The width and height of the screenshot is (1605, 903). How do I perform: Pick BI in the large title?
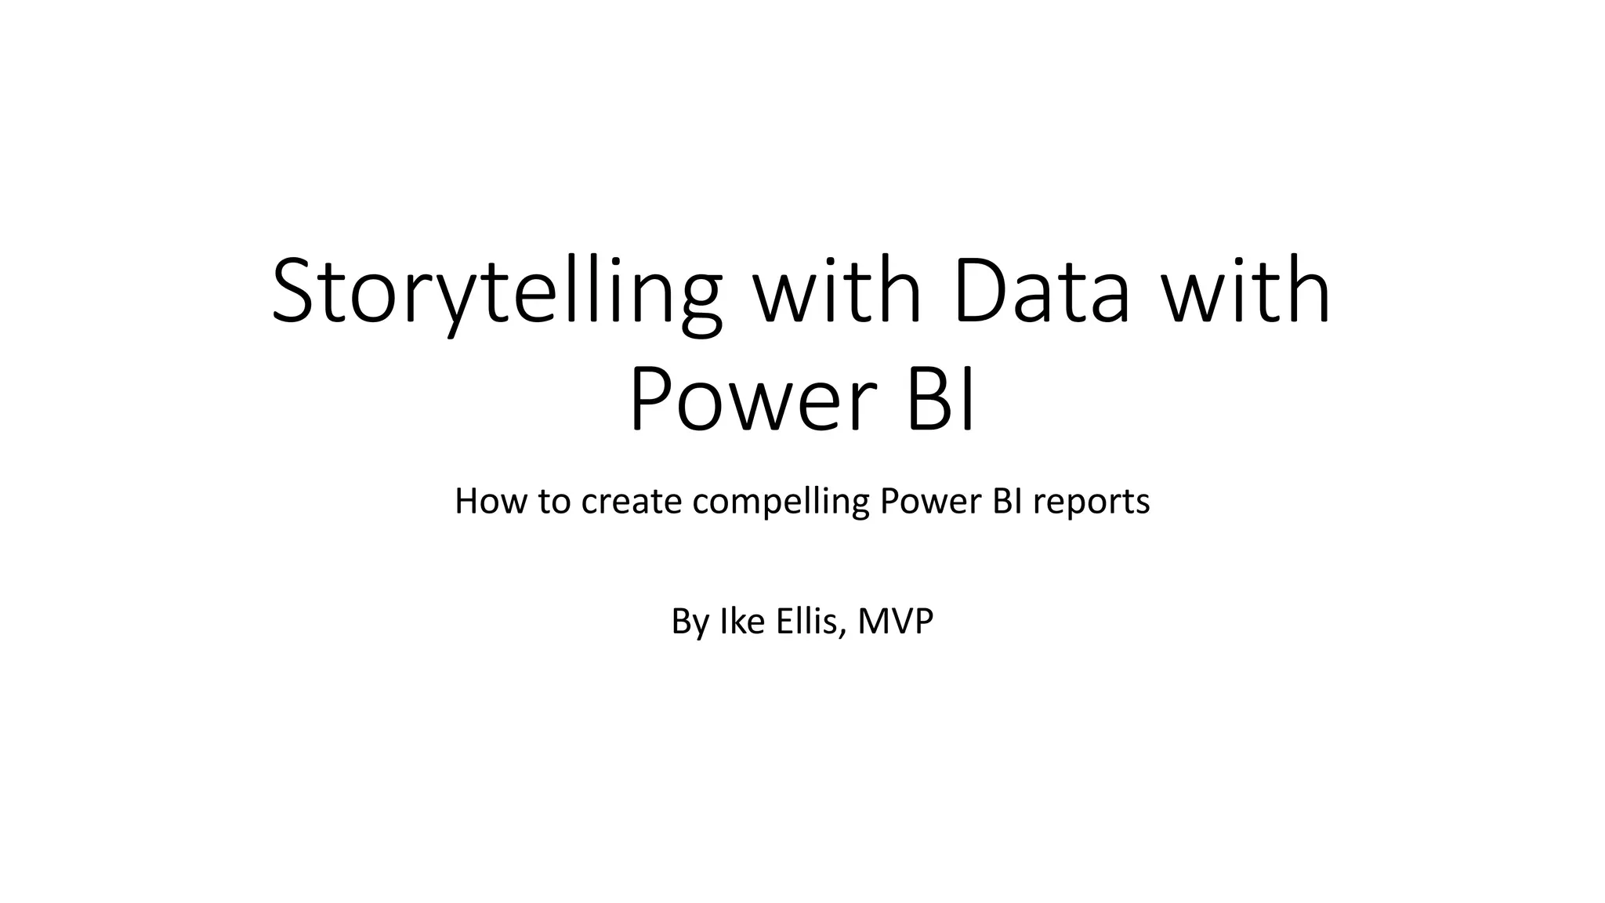pos(941,401)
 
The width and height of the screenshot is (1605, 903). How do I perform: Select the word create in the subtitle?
pos(632,502)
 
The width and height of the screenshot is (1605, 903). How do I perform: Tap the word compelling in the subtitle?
pos(781,502)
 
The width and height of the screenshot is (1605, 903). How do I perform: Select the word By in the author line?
pos(690,622)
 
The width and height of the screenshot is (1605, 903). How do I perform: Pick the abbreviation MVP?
pos(896,622)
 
